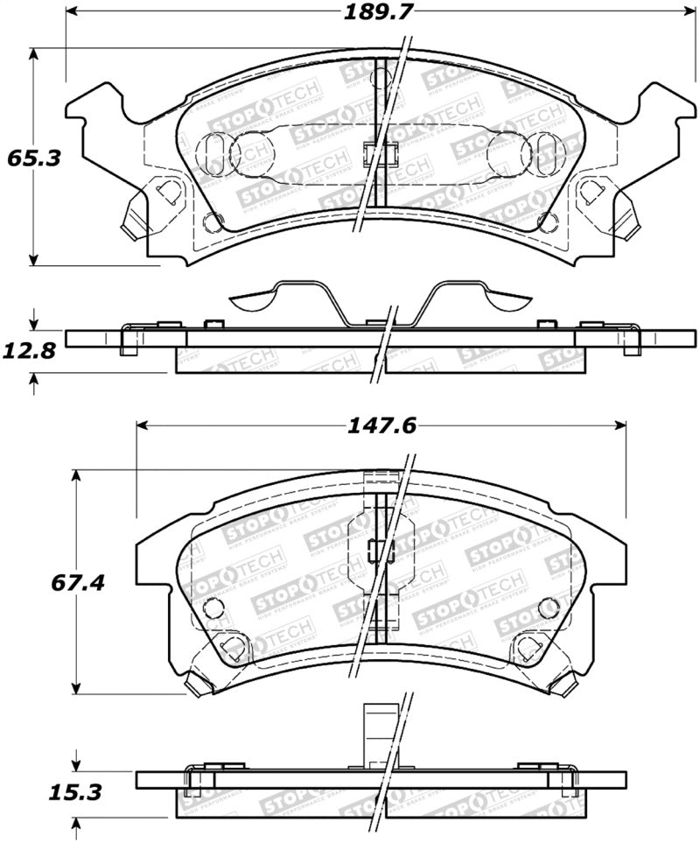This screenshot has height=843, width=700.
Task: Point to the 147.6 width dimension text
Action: click(381, 425)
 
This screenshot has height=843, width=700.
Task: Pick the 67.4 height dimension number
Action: click(78, 582)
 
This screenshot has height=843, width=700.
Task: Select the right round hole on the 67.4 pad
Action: click(549, 607)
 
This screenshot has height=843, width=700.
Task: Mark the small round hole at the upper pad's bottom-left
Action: click(209, 221)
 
